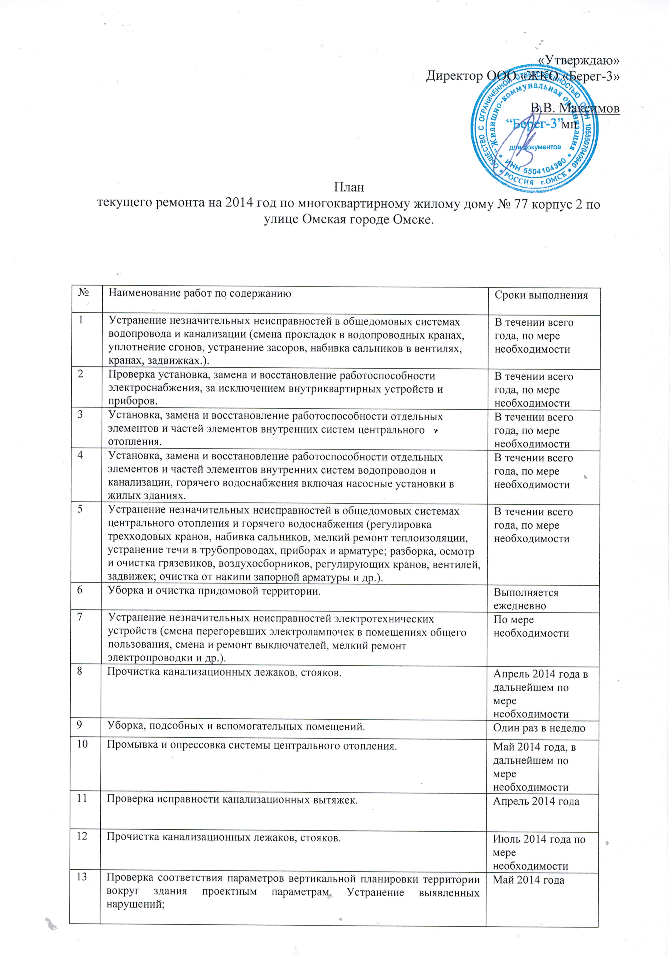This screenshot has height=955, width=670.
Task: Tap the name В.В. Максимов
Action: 575,108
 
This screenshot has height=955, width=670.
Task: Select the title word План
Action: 349,187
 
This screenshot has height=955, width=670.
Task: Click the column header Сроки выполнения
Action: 541,295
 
